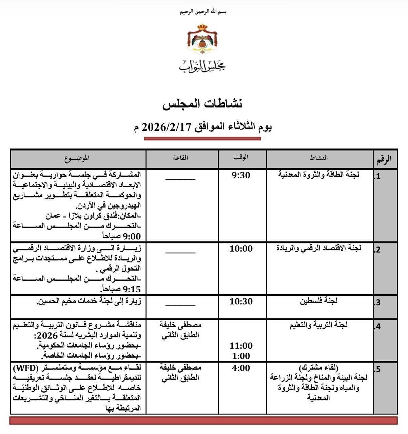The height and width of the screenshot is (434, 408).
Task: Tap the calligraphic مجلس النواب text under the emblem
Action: click(202, 65)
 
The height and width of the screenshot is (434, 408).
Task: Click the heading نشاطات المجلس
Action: click(202, 104)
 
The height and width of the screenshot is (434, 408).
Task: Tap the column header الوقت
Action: click(241, 157)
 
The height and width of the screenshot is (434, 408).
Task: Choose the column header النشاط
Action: click(319, 158)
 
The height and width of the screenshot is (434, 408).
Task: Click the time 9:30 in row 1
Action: click(241, 175)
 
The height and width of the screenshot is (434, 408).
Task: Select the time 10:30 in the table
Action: click(241, 301)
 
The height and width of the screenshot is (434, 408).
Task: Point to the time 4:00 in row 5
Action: click(241, 368)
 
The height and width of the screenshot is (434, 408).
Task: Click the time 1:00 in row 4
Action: click(241, 356)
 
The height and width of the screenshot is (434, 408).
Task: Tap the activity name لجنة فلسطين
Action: click(319, 301)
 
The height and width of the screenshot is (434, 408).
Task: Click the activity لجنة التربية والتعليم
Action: click(319, 325)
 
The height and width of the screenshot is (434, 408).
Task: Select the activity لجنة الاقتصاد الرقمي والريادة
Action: click(319, 248)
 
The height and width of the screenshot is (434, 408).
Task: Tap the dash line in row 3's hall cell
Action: click(180, 305)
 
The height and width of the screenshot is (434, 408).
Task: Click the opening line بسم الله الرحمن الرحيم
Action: click(203, 12)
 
